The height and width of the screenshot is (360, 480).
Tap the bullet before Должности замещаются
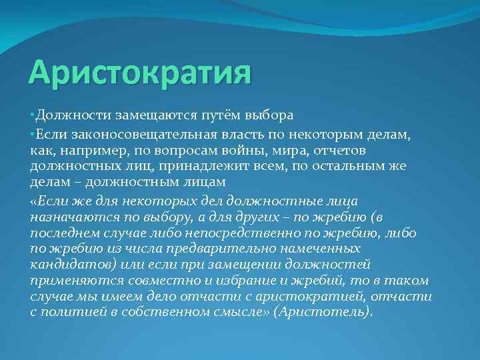click(33, 115)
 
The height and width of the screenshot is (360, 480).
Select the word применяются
click(74, 280)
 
